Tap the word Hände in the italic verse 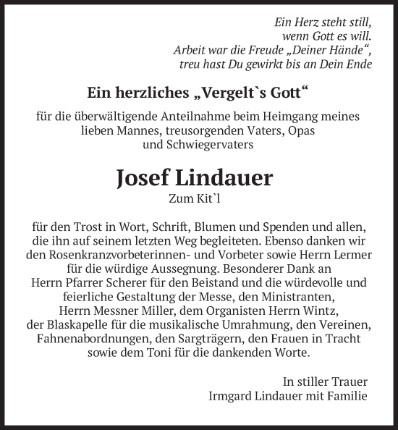pos(352,50)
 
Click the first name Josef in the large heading pos(148,178)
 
